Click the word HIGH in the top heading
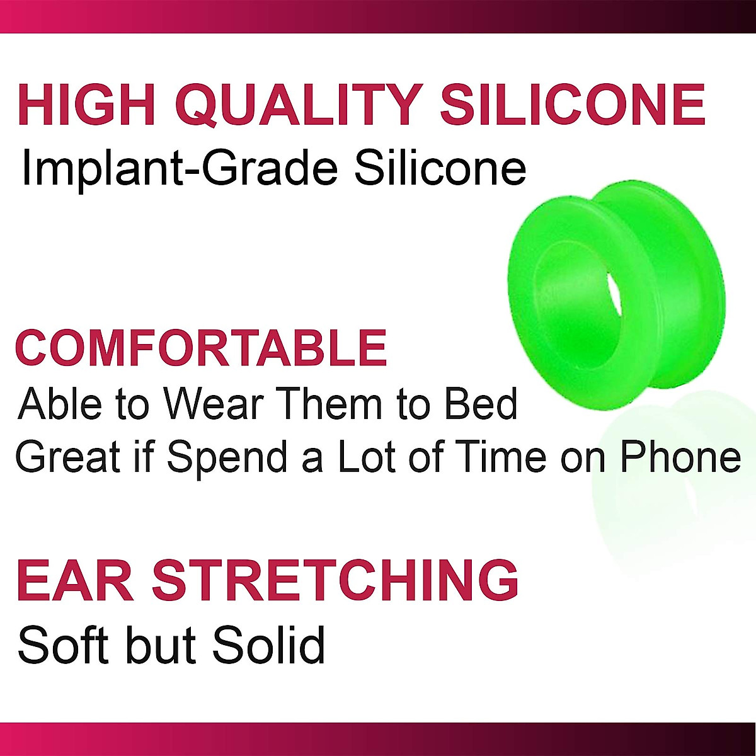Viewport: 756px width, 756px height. click(86, 105)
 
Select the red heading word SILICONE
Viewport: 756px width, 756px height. click(573, 105)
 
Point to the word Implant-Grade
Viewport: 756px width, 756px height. click(180, 169)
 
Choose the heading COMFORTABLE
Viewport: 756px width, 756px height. click(201, 348)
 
